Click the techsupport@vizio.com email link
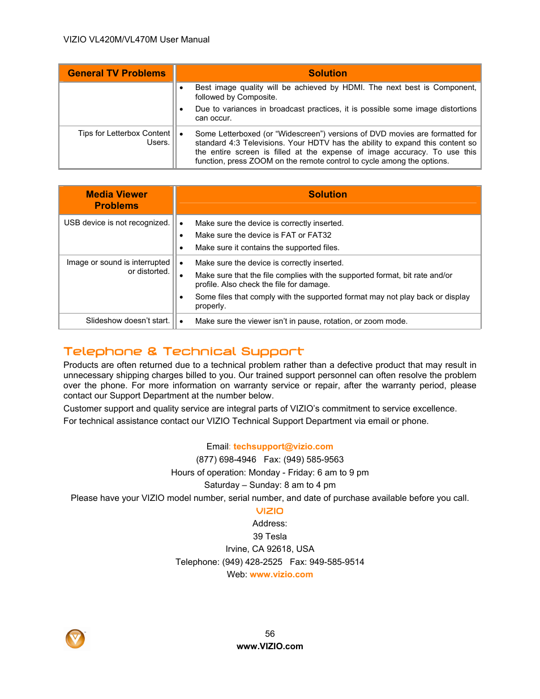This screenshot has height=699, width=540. click(x=283, y=447)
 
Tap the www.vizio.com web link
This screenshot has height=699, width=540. click(x=281, y=574)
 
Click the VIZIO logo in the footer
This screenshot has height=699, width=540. click(x=75, y=639)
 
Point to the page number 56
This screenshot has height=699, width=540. click(x=270, y=634)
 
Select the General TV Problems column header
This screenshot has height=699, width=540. click(x=117, y=73)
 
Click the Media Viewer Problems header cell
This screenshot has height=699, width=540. click(x=117, y=200)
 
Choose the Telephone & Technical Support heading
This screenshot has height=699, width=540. click(x=183, y=351)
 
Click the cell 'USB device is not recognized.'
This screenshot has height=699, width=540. click(x=117, y=223)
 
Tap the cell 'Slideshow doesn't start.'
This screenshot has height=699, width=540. click(x=127, y=321)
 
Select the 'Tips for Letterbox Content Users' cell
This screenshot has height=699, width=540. click(x=124, y=138)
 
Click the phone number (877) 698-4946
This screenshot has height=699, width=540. click(x=226, y=460)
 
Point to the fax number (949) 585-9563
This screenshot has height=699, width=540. click(x=314, y=460)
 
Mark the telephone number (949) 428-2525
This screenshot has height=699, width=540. click(x=252, y=562)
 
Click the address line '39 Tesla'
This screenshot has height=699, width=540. click(x=270, y=537)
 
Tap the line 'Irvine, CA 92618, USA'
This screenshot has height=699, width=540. click(x=270, y=549)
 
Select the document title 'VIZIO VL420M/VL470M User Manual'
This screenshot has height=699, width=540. click(x=136, y=40)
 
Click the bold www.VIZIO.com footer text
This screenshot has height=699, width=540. click(x=270, y=646)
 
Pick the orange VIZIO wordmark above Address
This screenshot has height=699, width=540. click(x=270, y=511)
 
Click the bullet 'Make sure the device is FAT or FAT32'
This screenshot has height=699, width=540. click(x=263, y=235)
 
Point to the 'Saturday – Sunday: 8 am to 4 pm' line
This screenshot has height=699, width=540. click(x=270, y=485)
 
